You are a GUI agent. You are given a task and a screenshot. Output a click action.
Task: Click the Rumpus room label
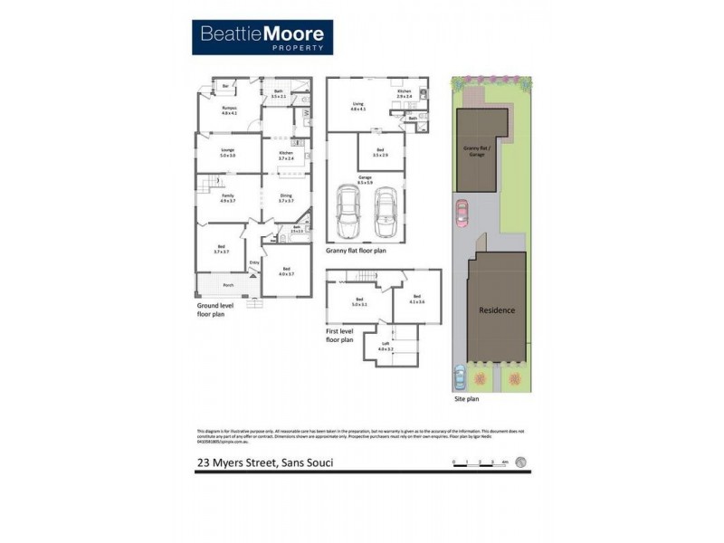(229, 110)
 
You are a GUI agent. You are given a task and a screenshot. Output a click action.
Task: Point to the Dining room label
(286, 198)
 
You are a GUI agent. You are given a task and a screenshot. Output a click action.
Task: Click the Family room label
(228, 199)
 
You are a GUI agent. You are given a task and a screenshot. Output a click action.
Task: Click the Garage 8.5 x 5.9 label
(365, 180)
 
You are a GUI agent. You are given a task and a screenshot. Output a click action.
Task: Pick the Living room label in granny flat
(357, 106)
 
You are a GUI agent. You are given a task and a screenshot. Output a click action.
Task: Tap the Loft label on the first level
(385, 345)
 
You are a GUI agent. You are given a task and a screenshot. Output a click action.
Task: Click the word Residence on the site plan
(498, 310)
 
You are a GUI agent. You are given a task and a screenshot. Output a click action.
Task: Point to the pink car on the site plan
(461, 214)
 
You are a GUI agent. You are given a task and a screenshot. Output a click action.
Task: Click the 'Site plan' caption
(466, 398)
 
